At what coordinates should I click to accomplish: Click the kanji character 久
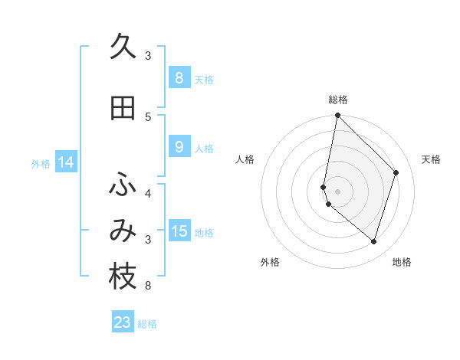coord(123,47)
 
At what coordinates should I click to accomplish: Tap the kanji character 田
coord(123,108)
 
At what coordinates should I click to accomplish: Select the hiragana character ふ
coord(123,185)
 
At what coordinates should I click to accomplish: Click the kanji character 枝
coord(123,277)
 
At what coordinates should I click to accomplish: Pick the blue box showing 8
coord(179,78)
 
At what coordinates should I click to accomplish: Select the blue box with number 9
coord(179,147)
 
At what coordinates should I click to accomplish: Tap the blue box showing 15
coord(179,231)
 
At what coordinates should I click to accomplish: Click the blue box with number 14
coord(65,162)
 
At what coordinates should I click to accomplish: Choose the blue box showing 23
coord(123,322)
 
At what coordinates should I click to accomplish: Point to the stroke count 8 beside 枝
coord(147,286)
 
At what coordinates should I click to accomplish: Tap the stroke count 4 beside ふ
coord(148,193)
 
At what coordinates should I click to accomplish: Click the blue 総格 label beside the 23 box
coord(148,324)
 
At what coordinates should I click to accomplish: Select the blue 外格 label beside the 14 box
coord(41,163)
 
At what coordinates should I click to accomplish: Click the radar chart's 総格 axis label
coord(338,100)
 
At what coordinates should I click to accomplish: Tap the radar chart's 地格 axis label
coord(402,262)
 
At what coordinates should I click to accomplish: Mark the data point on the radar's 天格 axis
coord(396,172)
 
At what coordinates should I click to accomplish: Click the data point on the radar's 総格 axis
coord(338,116)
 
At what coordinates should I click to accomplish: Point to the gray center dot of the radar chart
coord(338,191)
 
